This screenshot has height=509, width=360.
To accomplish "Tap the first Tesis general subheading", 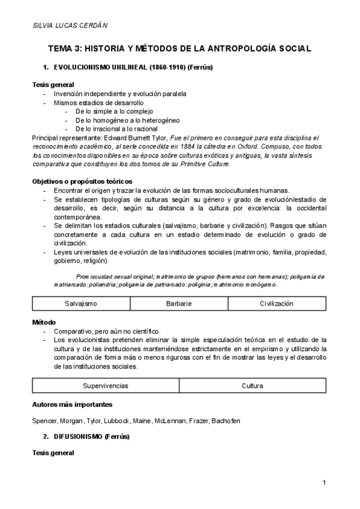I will [53, 85].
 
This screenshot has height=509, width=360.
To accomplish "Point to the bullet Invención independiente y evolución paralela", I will [119, 94].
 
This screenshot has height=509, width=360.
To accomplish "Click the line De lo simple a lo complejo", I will [114, 111].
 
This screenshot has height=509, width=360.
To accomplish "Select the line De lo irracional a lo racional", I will [116, 128].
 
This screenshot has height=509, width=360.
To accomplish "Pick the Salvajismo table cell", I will [80, 304].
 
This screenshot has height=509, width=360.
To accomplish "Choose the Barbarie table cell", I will [179, 304].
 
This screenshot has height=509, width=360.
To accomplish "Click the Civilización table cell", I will [276, 304].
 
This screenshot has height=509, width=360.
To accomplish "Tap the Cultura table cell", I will [252, 385].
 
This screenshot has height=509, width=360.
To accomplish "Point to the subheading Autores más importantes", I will [71, 404].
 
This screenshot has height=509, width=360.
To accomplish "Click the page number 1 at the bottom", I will [323, 483].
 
